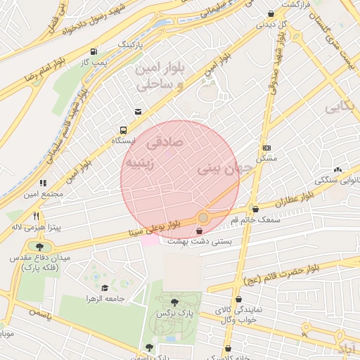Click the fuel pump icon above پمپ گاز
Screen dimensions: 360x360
click(x=94, y=51)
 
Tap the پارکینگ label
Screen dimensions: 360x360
click(x=129, y=44)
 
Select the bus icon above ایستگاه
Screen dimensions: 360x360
click(x=124, y=130)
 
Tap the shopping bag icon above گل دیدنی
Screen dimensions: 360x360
click(x=271, y=13)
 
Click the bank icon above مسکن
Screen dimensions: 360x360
click(x=266, y=148)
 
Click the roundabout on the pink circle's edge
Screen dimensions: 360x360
click(x=204, y=219)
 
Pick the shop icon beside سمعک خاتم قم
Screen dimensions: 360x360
click(x=255, y=209)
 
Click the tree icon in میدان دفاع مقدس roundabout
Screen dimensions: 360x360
click(x=39, y=247)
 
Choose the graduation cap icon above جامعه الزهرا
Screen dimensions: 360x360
click(x=105, y=288)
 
